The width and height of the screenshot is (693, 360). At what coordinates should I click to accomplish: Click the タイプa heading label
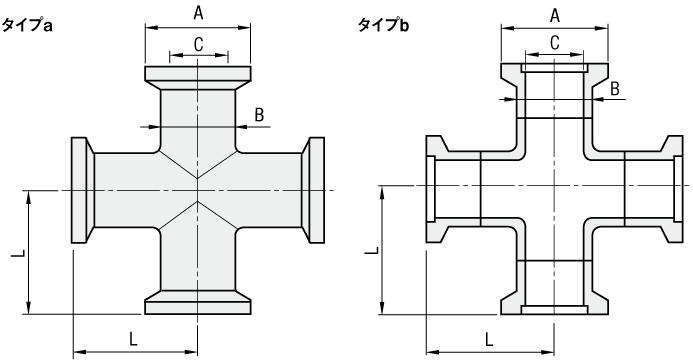[27, 25]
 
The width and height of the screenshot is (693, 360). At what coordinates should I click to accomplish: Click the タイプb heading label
[384, 25]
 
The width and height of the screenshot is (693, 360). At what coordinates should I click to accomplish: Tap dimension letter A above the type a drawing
[198, 13]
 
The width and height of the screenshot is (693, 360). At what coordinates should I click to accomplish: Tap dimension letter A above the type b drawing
[555, 15]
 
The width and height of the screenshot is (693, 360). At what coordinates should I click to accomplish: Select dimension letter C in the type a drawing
[198, 44]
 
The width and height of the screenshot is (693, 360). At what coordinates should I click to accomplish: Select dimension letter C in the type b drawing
[555, 43]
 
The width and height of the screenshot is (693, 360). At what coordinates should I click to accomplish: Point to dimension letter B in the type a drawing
[259, 115]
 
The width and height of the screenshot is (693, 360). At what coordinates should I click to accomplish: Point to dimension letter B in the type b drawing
[615, 88]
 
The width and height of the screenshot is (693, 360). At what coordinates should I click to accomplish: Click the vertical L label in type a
[18, 254]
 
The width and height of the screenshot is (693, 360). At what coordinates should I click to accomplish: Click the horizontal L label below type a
[133, 339]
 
